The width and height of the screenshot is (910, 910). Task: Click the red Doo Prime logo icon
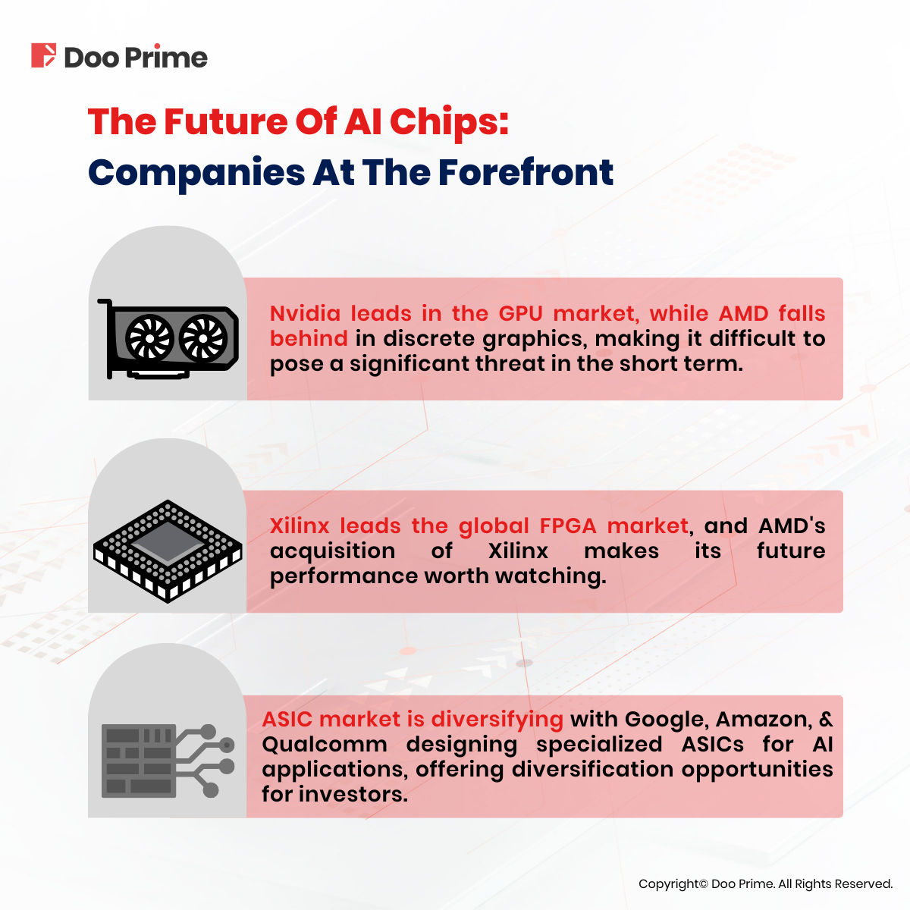(43, 55)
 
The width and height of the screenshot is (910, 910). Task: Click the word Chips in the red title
(449, 122)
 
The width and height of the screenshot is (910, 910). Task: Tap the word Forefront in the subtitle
(526, 172)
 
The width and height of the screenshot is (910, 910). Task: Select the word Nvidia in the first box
(305, 313)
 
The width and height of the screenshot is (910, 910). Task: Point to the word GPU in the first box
(520, 313)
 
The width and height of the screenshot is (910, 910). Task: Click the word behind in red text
(309, 338)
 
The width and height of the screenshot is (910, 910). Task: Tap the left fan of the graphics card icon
(149, 338)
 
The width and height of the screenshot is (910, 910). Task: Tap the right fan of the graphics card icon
(203, 338)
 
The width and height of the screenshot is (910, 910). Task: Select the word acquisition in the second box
(332, 551)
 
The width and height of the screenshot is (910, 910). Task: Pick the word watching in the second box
(551, 576)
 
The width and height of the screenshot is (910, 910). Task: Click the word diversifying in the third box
(497, 720)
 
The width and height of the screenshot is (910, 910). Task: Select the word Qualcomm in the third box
(325, 744)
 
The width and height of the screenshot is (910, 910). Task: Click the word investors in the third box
(353, 794)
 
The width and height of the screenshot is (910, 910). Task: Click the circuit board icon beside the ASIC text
(168, 761)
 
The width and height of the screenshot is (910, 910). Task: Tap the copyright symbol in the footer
(703, 883)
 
